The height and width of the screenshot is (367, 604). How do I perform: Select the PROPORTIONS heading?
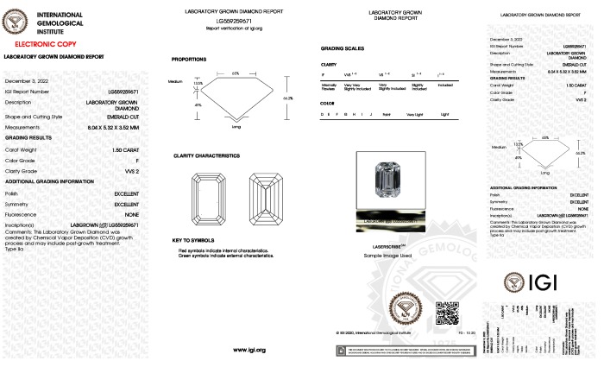click(189, 59)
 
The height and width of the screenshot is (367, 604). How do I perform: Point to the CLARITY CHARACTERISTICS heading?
click(206, 155)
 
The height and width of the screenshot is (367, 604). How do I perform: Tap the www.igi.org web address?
click(249, 349)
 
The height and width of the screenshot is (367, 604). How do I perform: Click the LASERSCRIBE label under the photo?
click(384, 246)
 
